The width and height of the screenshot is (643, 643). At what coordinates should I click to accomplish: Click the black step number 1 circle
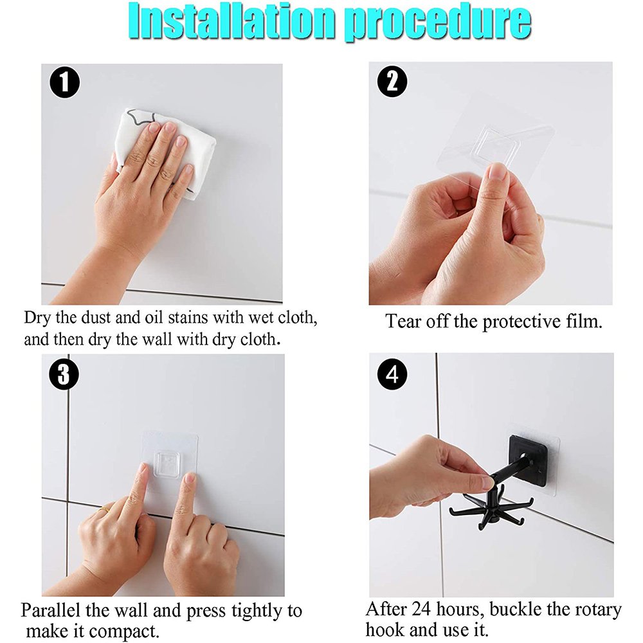[x=65, y=83]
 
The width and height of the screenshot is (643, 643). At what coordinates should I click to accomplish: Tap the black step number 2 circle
[x=392, y=82]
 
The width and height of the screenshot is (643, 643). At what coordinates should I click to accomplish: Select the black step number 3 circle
[x=64, y=375]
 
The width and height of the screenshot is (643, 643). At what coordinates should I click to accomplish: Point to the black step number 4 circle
[x=392, y=375]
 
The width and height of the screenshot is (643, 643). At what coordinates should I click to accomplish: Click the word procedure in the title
[x=437, y=23]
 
